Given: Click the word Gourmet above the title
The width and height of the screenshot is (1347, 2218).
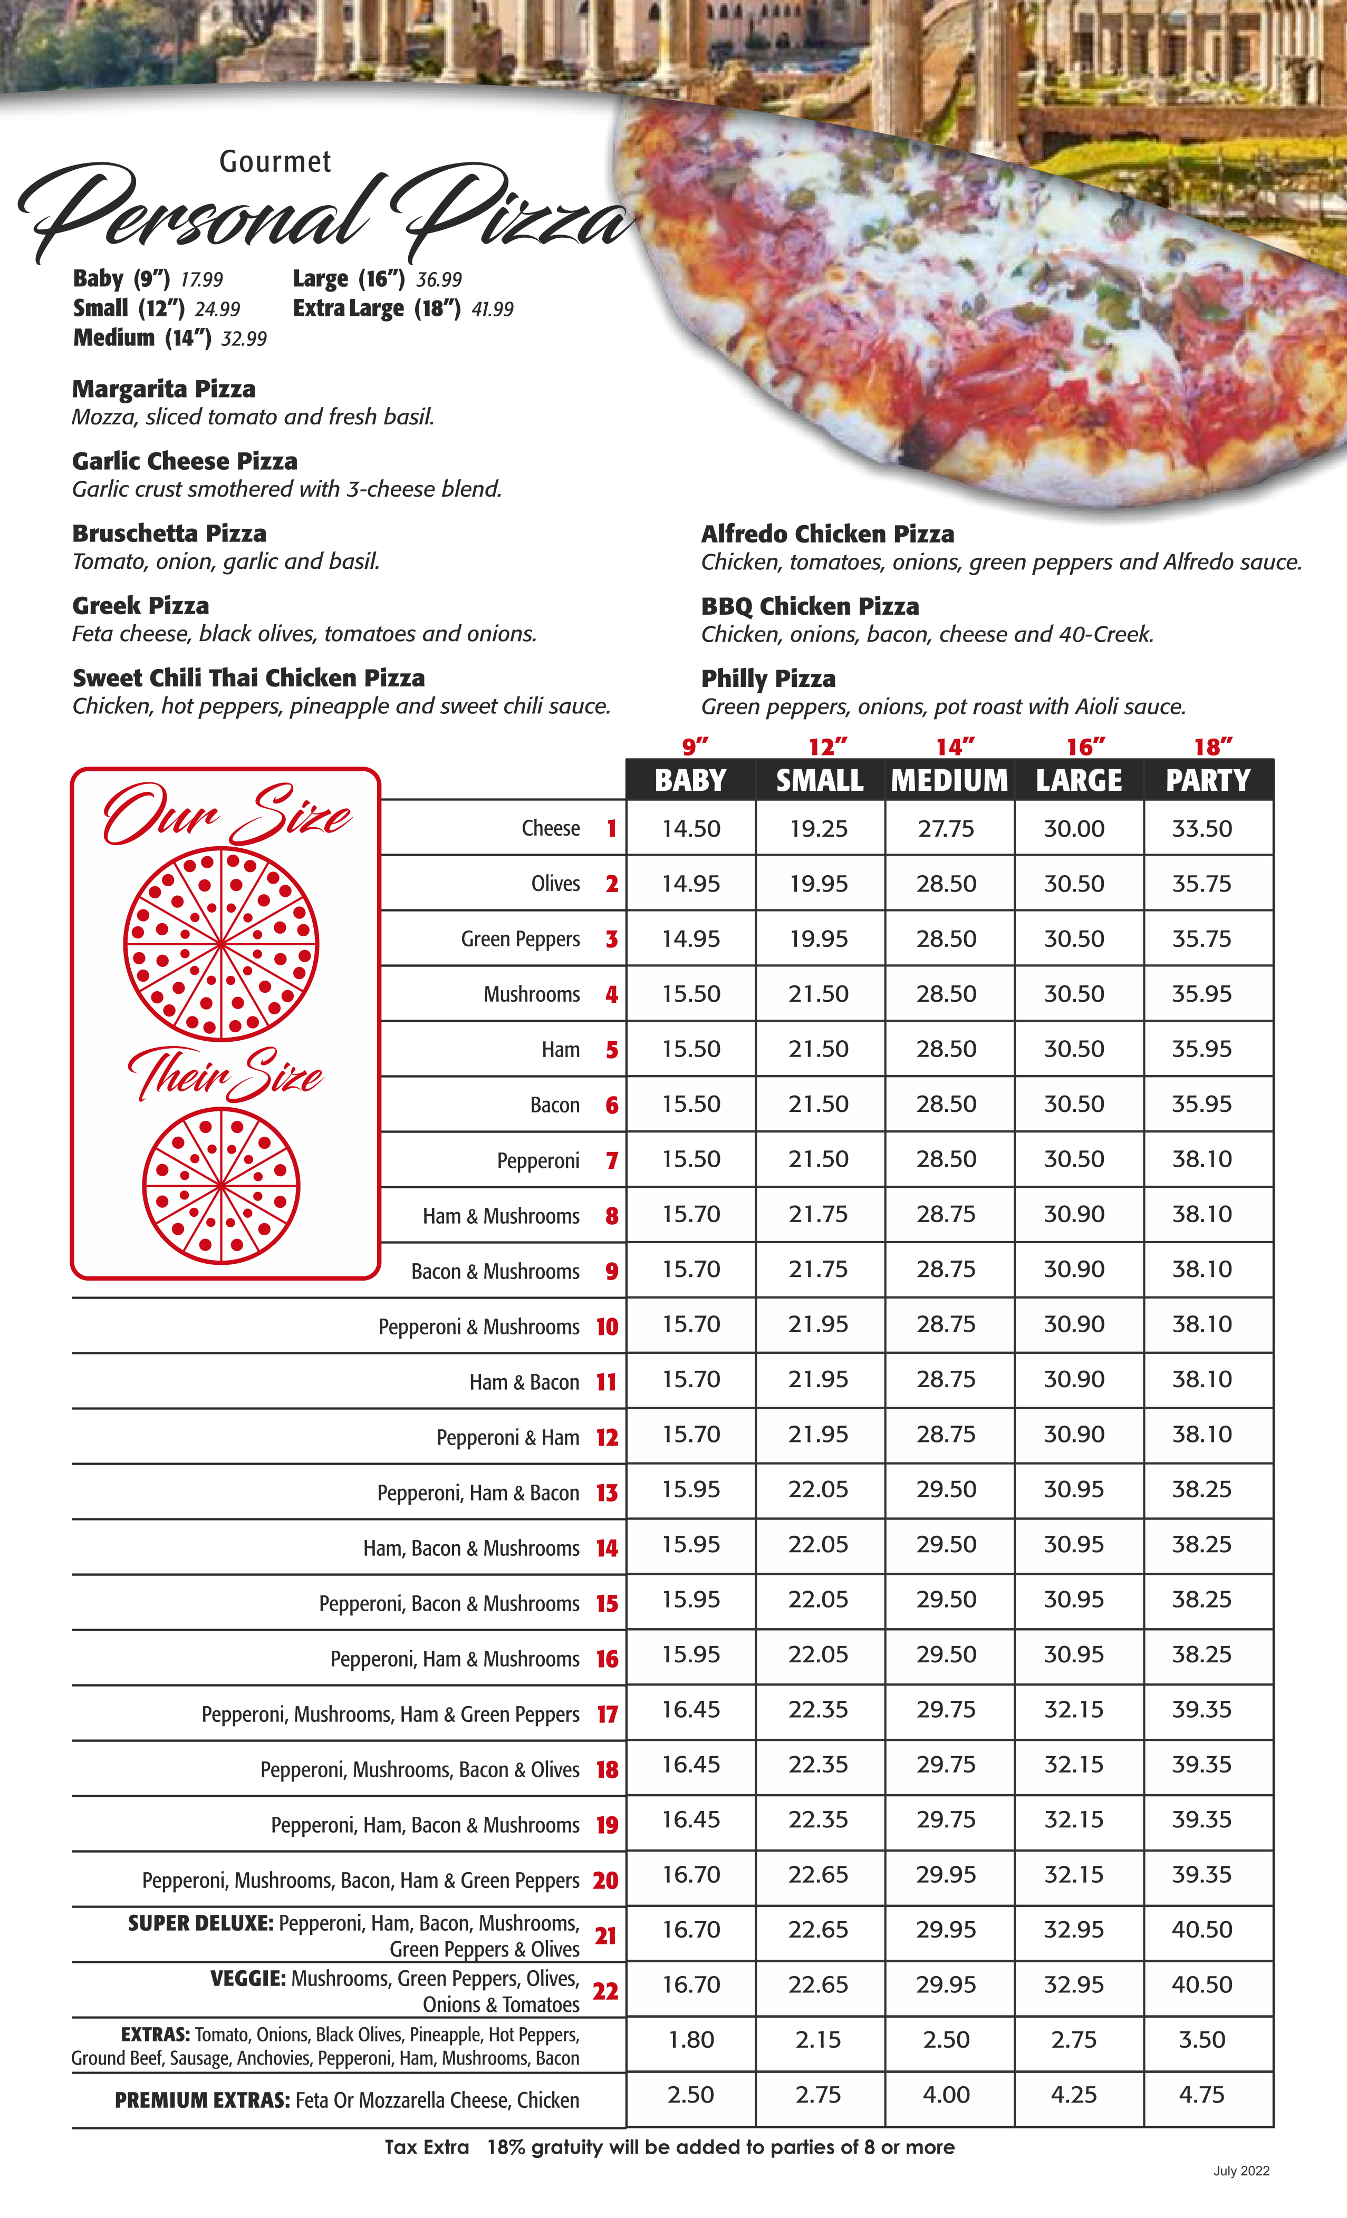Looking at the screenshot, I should click(275, 162).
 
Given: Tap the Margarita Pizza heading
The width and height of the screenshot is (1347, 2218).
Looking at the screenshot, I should click(164, 389).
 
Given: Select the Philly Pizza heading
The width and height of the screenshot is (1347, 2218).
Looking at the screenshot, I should click(768, 679).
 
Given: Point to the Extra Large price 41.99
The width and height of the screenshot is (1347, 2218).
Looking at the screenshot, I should click(493, 309).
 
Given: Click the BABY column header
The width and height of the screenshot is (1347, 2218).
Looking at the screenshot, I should click(690, 780).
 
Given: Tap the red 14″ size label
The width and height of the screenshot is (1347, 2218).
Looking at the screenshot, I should click(955, 747).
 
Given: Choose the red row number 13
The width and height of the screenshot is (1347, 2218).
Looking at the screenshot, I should click(607, 1494).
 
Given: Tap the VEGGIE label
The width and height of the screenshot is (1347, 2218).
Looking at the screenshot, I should click(247, 1979).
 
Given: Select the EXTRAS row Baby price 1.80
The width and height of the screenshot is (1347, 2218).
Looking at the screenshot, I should click(690, 2040).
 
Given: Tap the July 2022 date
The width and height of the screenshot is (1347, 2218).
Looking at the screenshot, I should click(1241, 2171).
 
